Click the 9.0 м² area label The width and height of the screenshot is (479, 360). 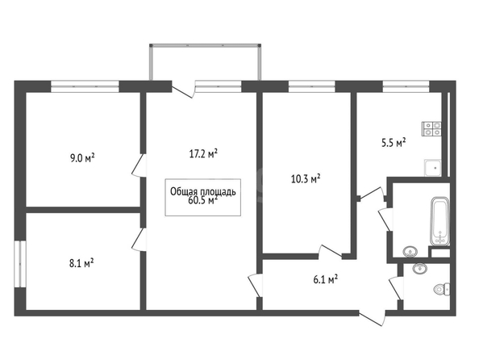82,158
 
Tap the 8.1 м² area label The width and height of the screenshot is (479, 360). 81,263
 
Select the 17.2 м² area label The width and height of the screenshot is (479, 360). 203,153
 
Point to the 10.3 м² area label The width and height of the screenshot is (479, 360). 306,178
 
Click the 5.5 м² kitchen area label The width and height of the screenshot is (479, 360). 394,143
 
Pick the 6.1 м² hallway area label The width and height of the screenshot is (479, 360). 325,279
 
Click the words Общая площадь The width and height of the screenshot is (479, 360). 203,192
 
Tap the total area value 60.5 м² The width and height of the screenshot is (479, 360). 203,200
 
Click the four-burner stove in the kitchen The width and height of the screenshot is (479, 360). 431,129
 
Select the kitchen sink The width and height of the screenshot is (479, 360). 432,168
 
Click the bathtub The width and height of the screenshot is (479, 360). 440,221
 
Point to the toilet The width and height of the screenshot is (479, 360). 442,289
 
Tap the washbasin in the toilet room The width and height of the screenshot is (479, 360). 420,269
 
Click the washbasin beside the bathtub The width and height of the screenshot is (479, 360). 410,252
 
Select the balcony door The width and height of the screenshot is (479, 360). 183,90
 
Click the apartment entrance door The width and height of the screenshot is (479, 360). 372,318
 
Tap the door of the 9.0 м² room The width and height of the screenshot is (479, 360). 139,165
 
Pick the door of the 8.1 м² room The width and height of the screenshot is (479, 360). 139,240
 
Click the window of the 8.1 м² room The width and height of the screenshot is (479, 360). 20,264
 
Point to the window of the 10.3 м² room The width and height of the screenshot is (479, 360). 311,86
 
